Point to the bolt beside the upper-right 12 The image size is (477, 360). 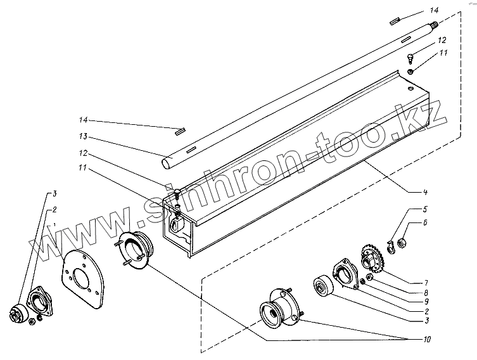coord(411,59)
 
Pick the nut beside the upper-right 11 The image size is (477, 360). coord(412,72)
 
